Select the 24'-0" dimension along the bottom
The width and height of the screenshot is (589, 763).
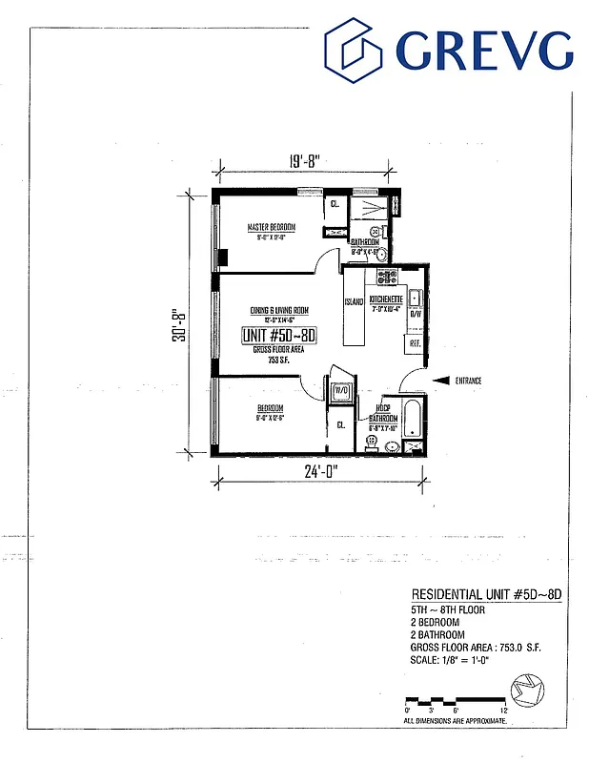coord(317,470)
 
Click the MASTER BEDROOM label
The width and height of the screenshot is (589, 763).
coord(272,228)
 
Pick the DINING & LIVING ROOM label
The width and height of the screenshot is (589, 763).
coord(279,311)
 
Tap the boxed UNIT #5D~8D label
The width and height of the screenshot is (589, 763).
coord(280,336)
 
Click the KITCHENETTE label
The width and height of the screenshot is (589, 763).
coord(388,299)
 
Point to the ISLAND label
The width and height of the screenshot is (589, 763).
coord(352,303)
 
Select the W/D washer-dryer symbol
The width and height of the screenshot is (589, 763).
coord(340,390)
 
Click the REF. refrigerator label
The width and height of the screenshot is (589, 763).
coord(416,342)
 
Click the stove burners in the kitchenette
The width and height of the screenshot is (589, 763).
coord(387,278)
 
